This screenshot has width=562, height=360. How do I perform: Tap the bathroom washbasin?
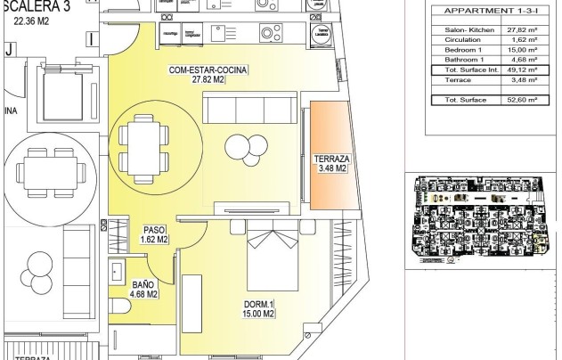tap(115, 271)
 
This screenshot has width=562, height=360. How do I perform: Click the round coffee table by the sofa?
tap(240, 144)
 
